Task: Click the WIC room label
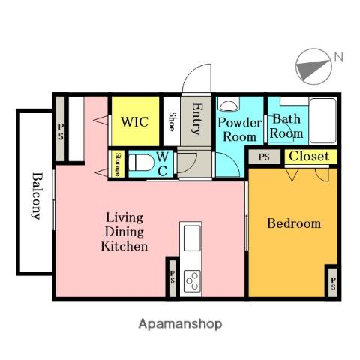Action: coord(134,122)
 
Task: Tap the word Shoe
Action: coord(172,121)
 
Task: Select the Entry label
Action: coord(196,119)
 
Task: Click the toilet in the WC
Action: coord(142,163)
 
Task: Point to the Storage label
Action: coord(118,164)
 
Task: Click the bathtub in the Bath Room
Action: coord(322,121)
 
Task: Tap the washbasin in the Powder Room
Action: coord(229,105)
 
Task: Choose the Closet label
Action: coord(309,157)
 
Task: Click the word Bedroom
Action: coord(294,223)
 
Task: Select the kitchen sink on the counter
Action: coord(192,238)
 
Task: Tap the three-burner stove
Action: coord(192,281)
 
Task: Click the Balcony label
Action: coord(37,196)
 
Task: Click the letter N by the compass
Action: coord(339,57)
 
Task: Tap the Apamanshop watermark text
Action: coord(180,324)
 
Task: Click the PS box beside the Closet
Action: coord(265,157)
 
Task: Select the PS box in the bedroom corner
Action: coord(333,283)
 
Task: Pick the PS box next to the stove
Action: coord(172,278)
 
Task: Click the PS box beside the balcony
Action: coord(61,129)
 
